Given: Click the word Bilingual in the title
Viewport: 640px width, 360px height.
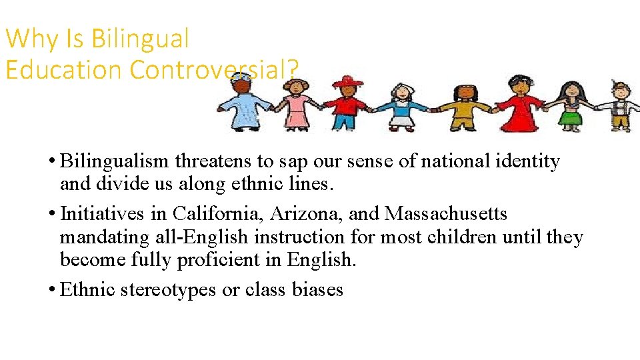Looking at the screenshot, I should pyautogui.click(x=140, y=39).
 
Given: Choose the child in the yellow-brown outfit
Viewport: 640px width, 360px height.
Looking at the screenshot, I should pyautogui.click(x=461, y=107).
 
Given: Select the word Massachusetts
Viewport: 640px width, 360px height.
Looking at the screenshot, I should pyautogui.click(x=446, y=214).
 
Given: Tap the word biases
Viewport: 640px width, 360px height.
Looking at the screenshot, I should pyautogui.click(x=317, y=290).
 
